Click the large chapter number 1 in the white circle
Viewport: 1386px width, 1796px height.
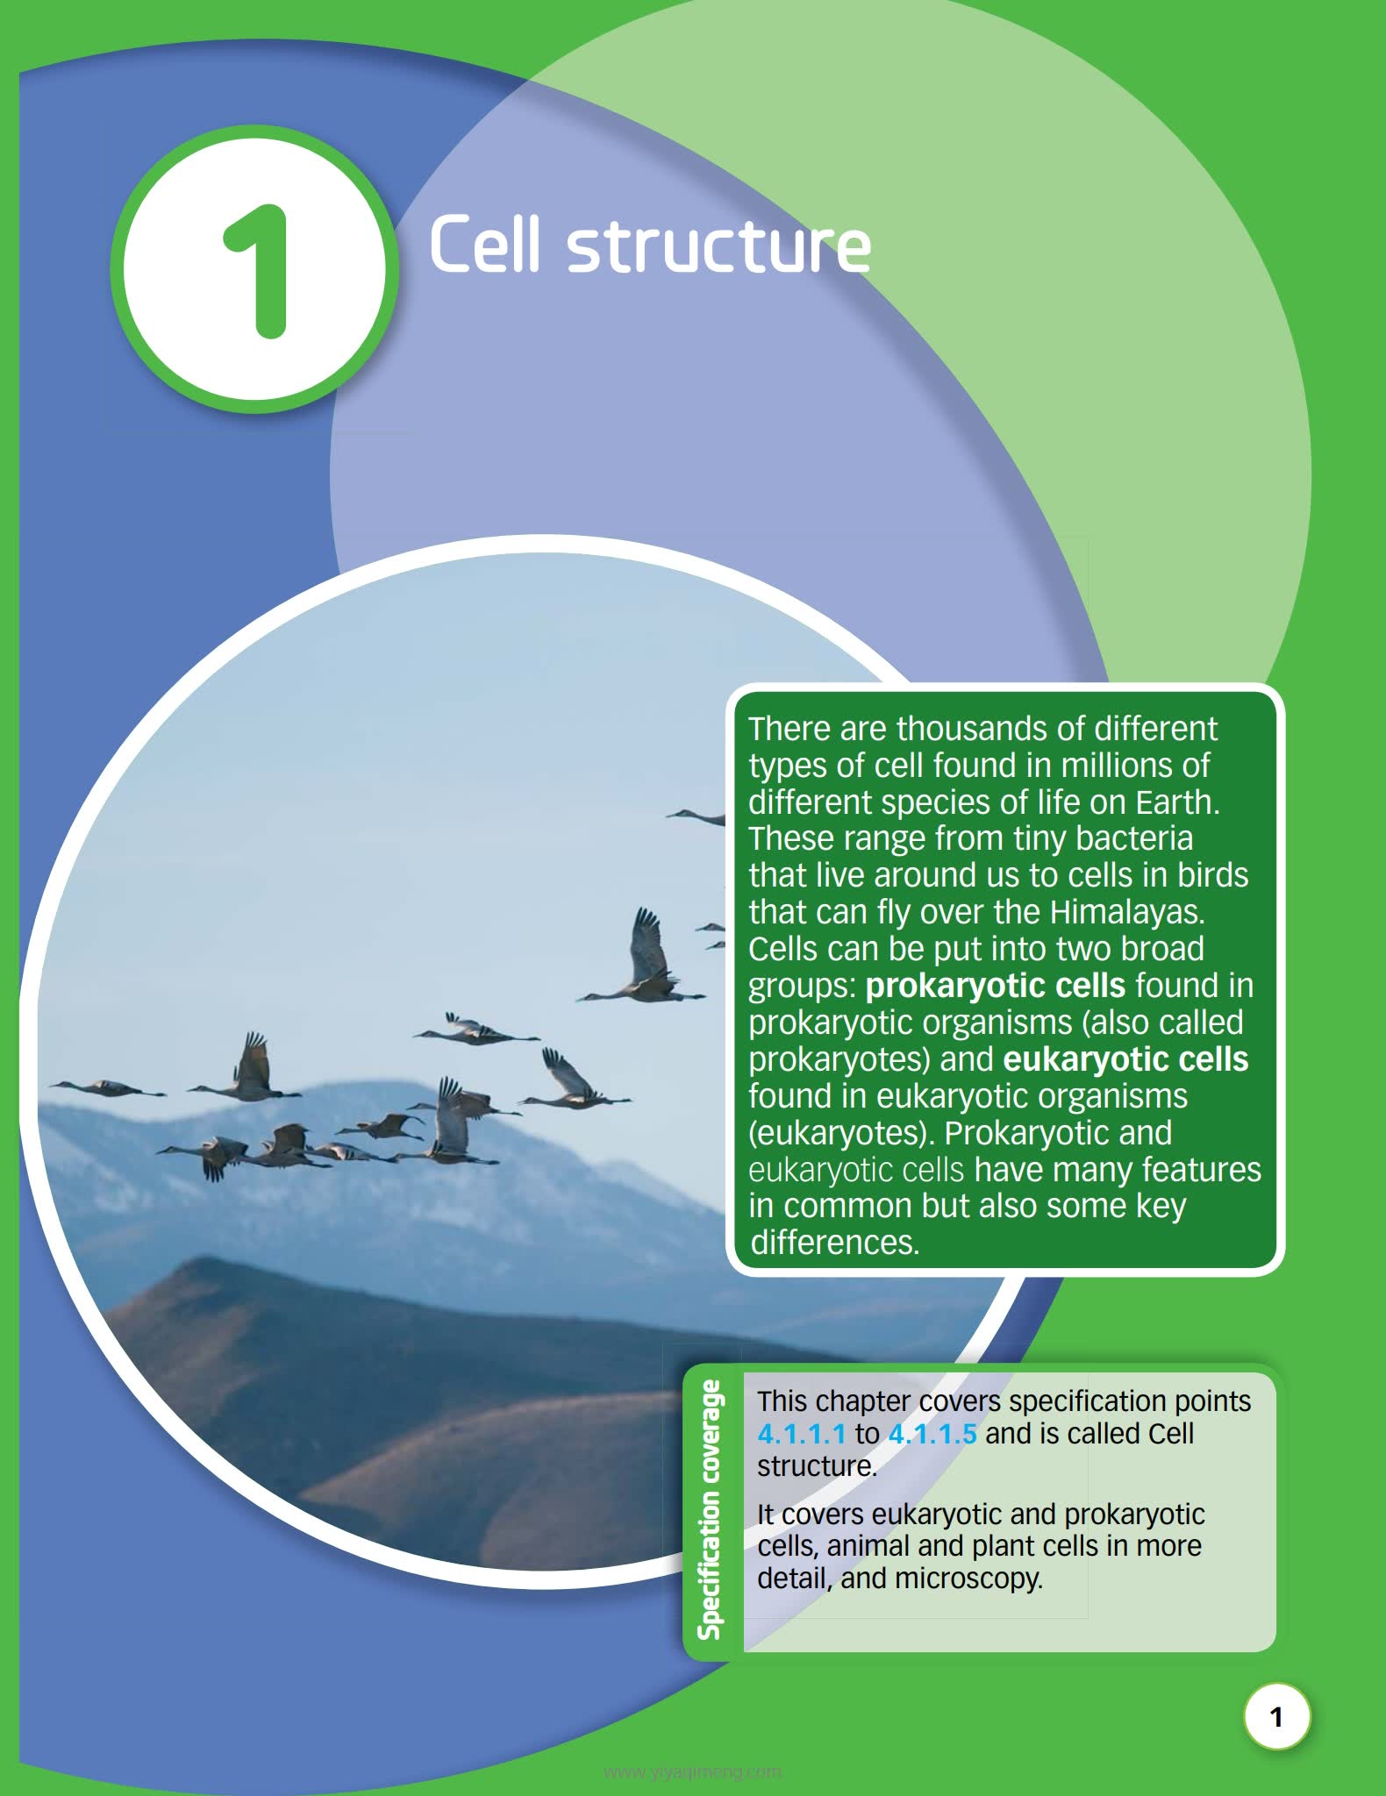point(257,271)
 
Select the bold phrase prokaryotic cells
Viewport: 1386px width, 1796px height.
point(995,987)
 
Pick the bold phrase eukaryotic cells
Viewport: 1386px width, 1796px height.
point(1125,1059)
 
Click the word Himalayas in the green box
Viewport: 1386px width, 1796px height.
point(1127,912)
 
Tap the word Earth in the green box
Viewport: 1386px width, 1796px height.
point(1177,802)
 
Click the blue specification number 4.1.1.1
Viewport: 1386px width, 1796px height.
point(802,1434)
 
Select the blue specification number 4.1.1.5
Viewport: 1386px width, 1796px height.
point(932,1434)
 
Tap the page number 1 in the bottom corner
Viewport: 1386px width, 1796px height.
point(1276,1716)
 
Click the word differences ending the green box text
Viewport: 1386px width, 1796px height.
point(834,1243)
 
